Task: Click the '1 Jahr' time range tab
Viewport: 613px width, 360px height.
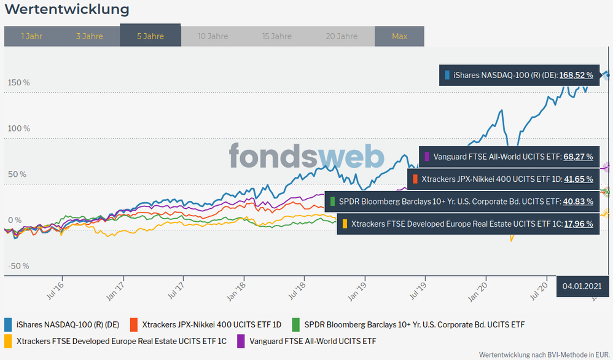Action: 31,36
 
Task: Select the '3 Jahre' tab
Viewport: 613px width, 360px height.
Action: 90,36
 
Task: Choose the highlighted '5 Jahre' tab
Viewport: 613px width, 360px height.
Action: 150,36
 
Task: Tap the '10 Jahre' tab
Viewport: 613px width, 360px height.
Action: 213,36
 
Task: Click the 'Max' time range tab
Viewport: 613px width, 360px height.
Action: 399,36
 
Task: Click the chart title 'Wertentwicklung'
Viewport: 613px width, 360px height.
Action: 67,9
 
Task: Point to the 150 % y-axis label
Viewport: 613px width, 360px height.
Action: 18,82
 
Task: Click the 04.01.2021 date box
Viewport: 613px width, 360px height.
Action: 580,286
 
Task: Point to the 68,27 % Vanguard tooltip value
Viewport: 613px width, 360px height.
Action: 578,157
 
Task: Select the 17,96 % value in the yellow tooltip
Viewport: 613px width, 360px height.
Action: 578,224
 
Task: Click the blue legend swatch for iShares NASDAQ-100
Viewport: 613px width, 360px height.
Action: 9,324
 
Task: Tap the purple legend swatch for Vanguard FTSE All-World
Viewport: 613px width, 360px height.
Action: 241,340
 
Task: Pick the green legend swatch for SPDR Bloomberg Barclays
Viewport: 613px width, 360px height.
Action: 296,324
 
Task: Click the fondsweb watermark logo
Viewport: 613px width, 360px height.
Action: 306,156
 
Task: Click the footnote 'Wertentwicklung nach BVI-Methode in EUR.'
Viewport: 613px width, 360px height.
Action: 543,354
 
